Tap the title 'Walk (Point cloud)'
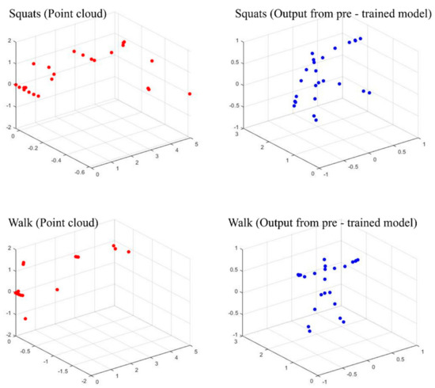(x=50, y=223)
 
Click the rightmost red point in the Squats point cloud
(x=190, y=93)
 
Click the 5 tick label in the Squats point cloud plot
(x=195, y=140)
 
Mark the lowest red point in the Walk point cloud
(x=25, y=318)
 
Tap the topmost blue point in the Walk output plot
(x=324, y=259)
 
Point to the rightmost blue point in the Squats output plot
(x=369, y=93)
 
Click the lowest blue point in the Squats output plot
(x=316, y=120)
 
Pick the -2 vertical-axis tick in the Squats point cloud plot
(x=8, y=127)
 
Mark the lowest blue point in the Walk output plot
(x=310, y=331)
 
